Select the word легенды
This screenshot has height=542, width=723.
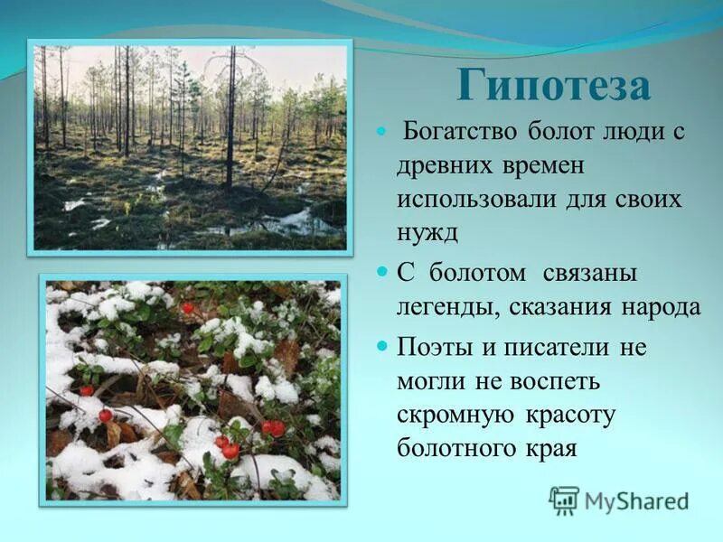[x=444, y=307]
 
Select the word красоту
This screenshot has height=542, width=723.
[x=570, y=415]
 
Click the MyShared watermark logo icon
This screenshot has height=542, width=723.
[x=564, y=500]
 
